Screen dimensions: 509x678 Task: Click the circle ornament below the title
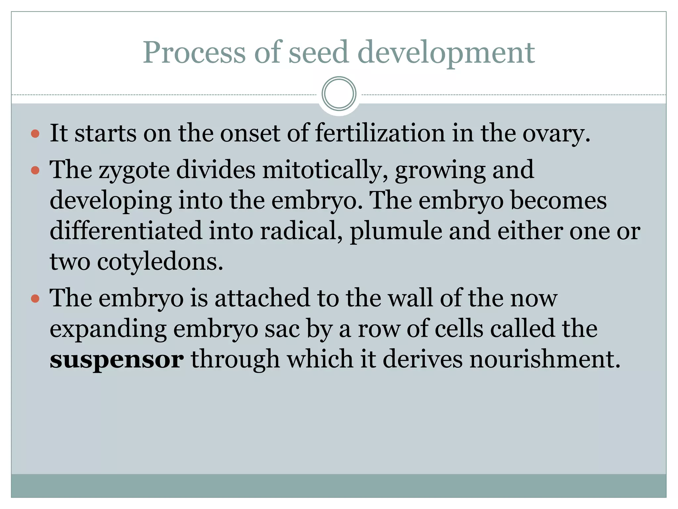click(339, 94)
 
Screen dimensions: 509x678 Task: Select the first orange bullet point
click(35, 134)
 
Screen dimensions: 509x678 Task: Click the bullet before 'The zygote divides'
click(35, 170)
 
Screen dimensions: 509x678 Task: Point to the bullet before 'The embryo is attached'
click(35, 299)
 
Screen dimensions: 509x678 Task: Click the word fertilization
click(380, 133)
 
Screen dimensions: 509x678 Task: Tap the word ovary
click(556, 134)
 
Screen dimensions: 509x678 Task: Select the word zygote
click(134, 170)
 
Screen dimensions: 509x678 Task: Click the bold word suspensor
click(116, 360)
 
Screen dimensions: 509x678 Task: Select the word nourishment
click(544, 359)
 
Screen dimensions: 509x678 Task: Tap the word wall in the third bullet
click(411, 298)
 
